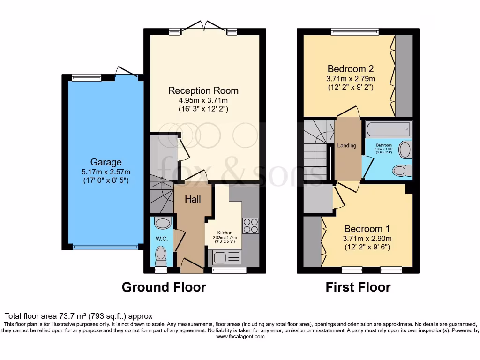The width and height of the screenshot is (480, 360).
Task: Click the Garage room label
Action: [106, 162]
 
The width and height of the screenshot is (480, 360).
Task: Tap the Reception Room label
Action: [203, 90]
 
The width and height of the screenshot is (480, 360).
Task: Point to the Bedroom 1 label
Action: [367, 229]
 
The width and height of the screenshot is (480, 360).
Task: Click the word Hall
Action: [193, 199]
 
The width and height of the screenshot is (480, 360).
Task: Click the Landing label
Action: [347, 145]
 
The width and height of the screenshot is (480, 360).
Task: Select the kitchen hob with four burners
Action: [250, 225]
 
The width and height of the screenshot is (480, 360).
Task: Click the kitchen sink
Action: [227, 257]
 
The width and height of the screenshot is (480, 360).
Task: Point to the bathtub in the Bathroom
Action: [388, 129]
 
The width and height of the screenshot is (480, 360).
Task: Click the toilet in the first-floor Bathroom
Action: [402, 170]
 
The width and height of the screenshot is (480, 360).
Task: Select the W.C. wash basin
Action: [162, 223]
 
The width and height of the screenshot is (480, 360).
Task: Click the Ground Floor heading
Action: [164, 287]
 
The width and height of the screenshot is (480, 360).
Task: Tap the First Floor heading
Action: [358, 287]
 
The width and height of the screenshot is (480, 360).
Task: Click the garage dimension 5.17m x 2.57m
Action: [106, 171]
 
